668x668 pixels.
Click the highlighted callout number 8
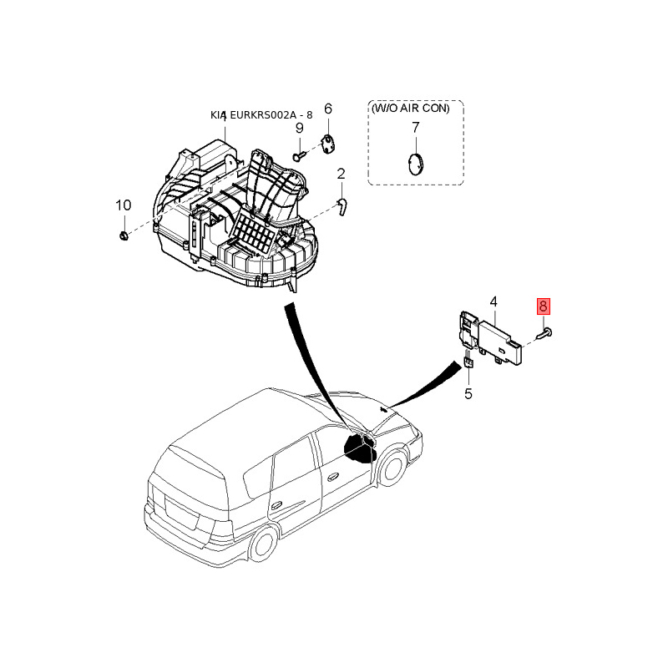tap(544, 306)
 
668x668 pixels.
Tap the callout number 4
tap(493, 301)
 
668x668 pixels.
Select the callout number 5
tap(468, 393)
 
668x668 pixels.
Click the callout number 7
tap(415, 128)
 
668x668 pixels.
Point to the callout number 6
tap(327, 109)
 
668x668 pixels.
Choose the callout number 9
tap(298, 128)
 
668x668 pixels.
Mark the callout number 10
tap(123, 205)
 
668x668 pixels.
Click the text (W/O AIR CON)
tap(415, 109)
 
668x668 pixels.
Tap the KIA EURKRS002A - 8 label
tap(261, 115)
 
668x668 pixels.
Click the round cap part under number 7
tap(415, 163)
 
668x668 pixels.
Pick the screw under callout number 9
tap(298, 155)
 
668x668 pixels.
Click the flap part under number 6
tap(327, 144)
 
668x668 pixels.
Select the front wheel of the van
tap(390, 468)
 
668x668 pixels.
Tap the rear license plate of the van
tap(178, 512)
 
